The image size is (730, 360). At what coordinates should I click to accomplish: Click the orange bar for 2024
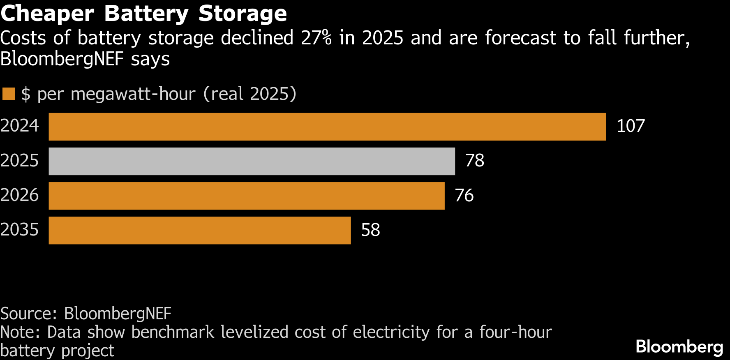(x=327, y=127)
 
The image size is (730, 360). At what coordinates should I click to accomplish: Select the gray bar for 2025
(x=252, y=161)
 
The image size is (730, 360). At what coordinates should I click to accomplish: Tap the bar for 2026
(x=247, y=196)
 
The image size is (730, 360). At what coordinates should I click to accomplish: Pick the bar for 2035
(x=200, y=230)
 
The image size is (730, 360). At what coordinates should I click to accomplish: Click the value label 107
(x=631, y=126)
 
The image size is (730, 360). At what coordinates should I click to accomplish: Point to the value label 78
(x=474, y=161)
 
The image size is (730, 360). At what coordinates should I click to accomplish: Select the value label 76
(x=464, y=195)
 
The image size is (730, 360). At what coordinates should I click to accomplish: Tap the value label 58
(x=370, y=230)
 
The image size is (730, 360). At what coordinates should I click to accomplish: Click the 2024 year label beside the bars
(x=19, y=126)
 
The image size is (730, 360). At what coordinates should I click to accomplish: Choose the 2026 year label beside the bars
(x=19, y=195)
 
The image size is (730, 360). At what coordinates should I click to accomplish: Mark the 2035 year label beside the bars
(x=19, y=229)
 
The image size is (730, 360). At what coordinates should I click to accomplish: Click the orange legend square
(x=9, y=94)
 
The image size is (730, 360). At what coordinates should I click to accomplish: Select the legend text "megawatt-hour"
(x=133, y=95)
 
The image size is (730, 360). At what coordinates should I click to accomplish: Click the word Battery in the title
(x=146, y=14)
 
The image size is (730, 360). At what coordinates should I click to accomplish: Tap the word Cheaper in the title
(x=47, y=14)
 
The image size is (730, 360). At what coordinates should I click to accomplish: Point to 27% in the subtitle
(x=316, y=38)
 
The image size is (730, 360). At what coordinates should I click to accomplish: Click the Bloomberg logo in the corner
(x=679, y=347)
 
